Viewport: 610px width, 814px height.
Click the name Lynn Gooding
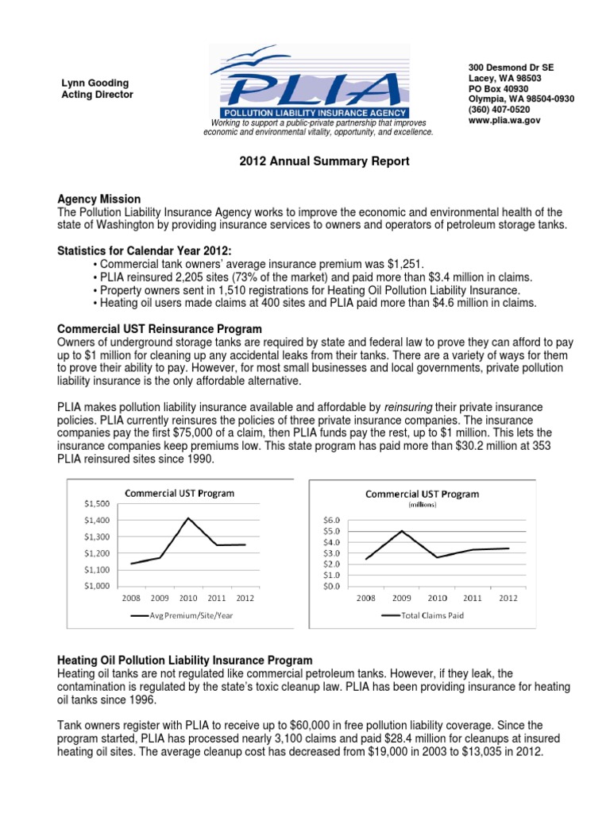[96, 83]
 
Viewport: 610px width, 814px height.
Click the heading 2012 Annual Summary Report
[313, 161]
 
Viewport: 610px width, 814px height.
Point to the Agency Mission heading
[98, 199]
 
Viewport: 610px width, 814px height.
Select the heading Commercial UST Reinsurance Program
[160, 329]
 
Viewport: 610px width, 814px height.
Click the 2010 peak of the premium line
[188, 518]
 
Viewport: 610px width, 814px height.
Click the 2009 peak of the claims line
[403, 531]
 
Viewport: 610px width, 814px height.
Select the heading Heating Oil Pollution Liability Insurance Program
[185, 661]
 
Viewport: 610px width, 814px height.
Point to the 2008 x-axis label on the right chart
[366, 598]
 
